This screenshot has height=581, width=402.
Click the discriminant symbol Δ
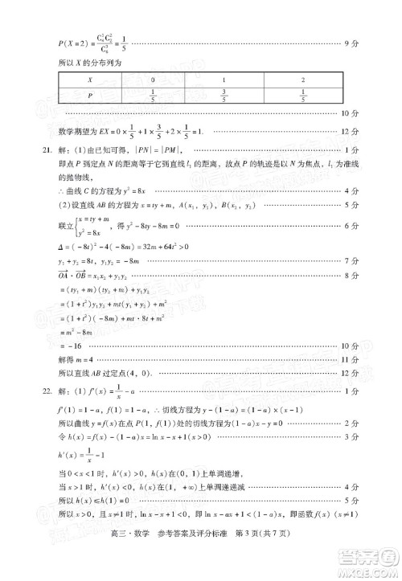point(60,247)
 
